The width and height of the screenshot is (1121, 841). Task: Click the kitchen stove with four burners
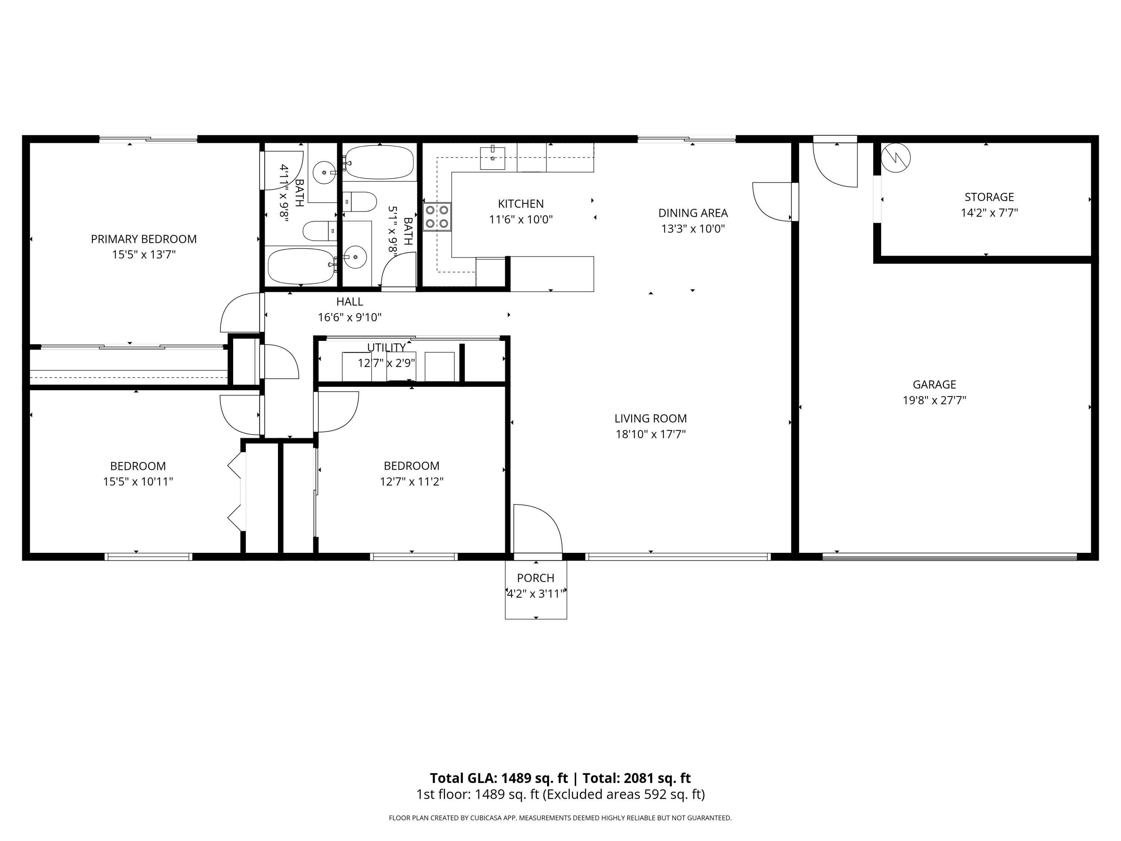pos(437,216)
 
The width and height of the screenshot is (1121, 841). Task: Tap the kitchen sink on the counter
pos(492,158)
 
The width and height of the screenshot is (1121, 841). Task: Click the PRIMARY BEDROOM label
pos(144,239)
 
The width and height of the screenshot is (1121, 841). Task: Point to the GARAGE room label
pos(935,384)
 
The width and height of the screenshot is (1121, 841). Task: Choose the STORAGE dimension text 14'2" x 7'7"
pos(989,212)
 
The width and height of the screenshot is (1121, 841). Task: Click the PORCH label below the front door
pos(536,578)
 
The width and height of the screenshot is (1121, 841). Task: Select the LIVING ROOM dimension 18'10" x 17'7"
pos(651,434)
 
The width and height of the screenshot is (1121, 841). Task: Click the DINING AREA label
pos(693,213)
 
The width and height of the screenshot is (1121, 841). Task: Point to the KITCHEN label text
pos(521,204)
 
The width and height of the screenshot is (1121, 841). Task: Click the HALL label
pos(350,302)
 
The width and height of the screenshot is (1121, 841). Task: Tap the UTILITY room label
pos(386,347)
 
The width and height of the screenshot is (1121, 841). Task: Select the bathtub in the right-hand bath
pos(379,162)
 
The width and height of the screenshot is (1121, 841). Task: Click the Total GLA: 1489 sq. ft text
pos(499,778)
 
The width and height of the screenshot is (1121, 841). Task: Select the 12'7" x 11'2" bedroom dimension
pos(411,481)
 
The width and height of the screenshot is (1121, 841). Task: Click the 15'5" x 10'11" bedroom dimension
pos(138,481)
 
